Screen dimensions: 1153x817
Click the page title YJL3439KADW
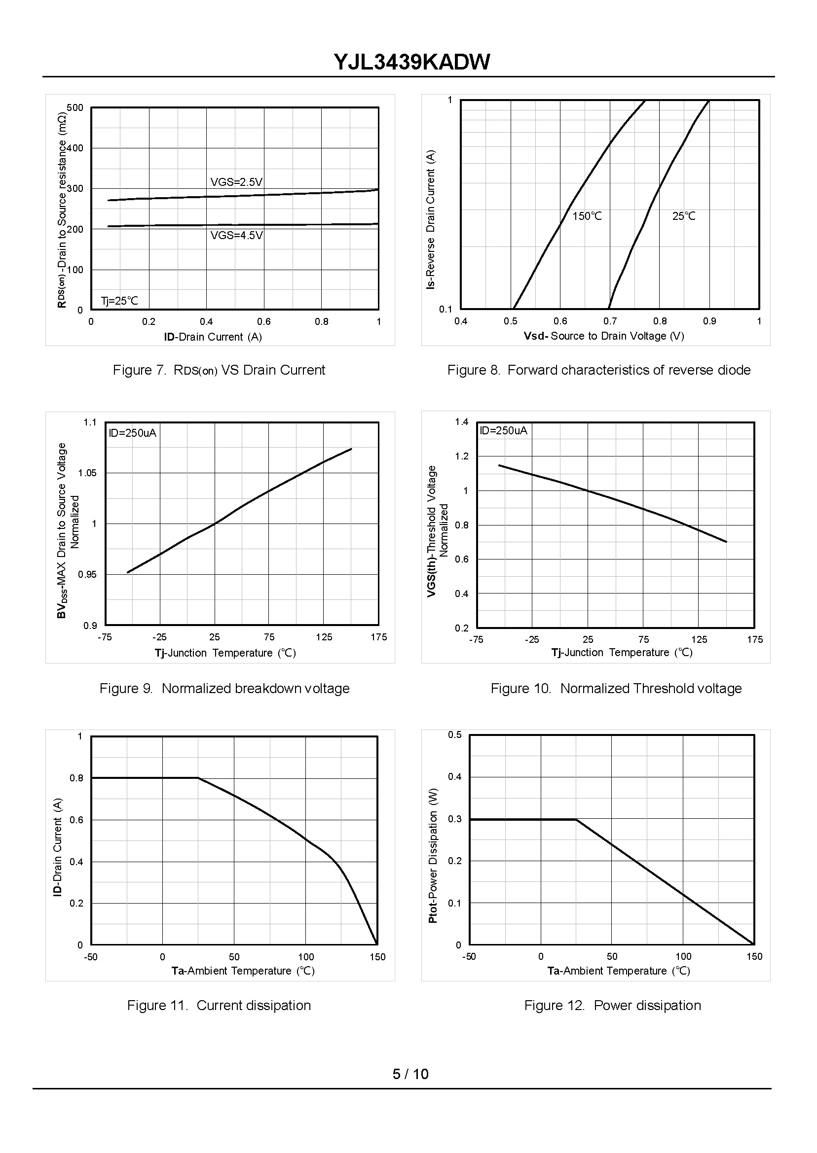click(x=411, y=62)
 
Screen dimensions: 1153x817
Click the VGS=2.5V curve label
click(x=236, y=182)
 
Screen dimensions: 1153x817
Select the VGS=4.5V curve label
click(x=236, y=235)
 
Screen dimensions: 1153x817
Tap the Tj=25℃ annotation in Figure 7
click(x=119, y=301)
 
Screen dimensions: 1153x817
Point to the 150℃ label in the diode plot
click(x=587, y=216)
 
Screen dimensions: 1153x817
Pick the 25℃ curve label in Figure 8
click(x=684, y=216)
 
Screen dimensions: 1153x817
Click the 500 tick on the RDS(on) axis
click(x=75, y=108)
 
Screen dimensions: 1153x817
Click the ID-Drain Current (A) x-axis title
click(x=213, y=337)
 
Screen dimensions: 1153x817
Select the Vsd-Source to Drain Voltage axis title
click(x=604, y=336)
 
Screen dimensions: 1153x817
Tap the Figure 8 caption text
click(x=598, y=370)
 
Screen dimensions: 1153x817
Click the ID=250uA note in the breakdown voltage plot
click(x=132, y=433)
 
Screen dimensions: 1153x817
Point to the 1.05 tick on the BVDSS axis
click(x=87, y=473)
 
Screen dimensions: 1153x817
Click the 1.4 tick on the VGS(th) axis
click(x=461, y=421)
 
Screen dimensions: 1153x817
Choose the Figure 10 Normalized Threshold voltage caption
click(x=616, y=688)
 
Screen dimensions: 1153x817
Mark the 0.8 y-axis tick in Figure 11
click(x=76, y=778)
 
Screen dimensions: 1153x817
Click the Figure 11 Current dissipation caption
click(x=219, y=1005)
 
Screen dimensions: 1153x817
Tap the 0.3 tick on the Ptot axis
click(x=455, y=819)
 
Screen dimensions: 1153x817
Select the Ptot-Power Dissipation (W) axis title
click(x=433, y=855)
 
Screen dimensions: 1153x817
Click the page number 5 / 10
click(x=410, y=1074)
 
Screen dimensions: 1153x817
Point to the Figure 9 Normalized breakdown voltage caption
click(x=224, y=688)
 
